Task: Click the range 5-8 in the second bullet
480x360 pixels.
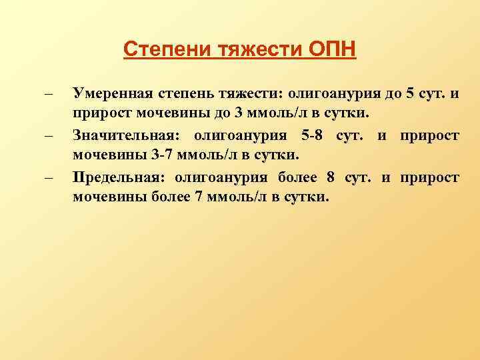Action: [x=314, y=136]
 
